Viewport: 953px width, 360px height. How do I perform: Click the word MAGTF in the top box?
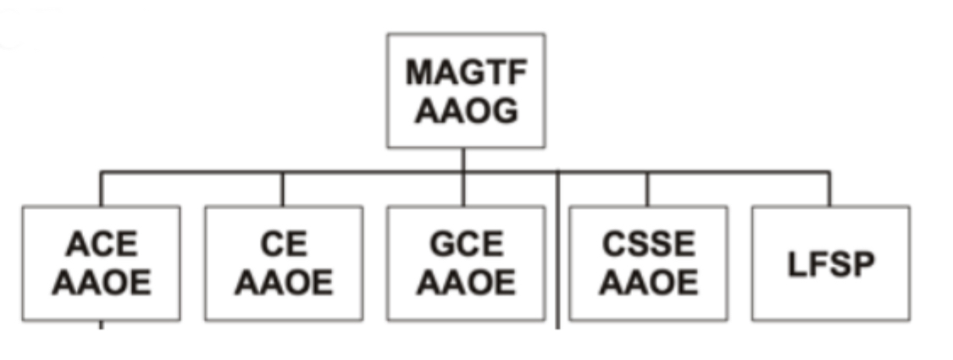click(x=466, y=73)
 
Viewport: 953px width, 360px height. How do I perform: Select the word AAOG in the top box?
click(x=466, y=110)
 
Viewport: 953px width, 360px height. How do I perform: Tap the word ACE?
click(x=101, y=244)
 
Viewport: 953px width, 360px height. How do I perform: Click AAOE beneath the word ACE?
click(x=101, y=282)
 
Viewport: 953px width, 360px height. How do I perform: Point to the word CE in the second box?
click(x=284, y=244)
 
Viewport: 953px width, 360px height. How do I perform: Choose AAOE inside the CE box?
click(x=284, y=282)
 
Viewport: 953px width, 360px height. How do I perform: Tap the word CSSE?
click(x=648, y=244)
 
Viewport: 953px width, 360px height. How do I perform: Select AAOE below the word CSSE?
click(x=648, y=282)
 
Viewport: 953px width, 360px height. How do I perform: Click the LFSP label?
click(x=830, y=263)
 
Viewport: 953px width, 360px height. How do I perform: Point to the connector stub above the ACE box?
click(x=101, y=189)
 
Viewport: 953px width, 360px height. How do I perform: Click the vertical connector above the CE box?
click(x=283, y=189)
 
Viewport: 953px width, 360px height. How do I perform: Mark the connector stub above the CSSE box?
click(x=647, y=189)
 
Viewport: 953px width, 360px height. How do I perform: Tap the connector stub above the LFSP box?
click(x=829, y=189)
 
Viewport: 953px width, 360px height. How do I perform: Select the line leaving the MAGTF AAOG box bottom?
click(x=463, y=160)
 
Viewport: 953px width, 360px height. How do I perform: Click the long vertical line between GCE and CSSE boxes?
click(x=557, y=254)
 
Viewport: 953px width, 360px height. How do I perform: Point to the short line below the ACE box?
click(x=101, y=324)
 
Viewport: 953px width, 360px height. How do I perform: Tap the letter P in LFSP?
click(x=860, y=263)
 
